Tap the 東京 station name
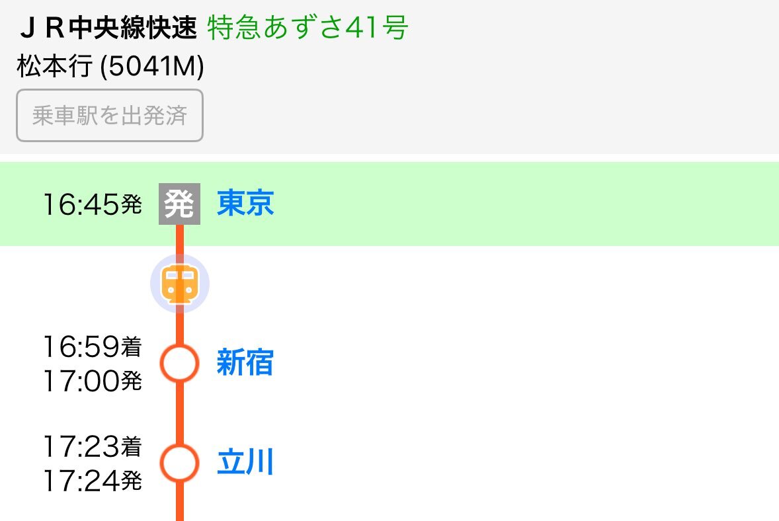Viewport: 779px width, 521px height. [245, 204]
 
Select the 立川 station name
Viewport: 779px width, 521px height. [245, 463]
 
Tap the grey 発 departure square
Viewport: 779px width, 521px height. [179, 204]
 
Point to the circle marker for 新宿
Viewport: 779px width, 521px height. [179, 363]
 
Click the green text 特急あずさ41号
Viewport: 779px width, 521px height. [307, 28]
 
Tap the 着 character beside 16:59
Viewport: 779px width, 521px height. [132, 347]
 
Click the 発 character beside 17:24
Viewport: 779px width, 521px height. [132, 482]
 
